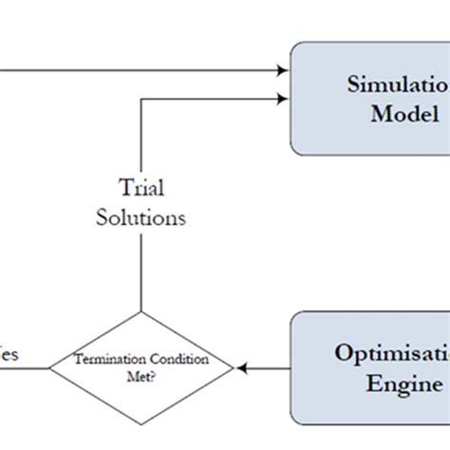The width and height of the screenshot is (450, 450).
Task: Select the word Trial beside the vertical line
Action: (x=141, y=186)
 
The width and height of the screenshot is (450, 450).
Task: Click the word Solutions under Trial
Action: (x=141, y=216)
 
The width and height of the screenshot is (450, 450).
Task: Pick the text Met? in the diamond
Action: (x=141, y=375)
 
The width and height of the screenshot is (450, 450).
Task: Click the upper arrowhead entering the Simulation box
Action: (x=282, y=70)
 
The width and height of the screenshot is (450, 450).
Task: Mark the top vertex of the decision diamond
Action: (x=141, y=311)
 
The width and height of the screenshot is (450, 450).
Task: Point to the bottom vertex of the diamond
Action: (x=141, y=422)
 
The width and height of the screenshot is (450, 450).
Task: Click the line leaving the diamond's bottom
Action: (x=141, y=436)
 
